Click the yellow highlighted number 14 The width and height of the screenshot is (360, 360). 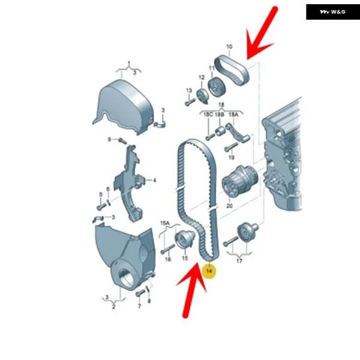(x=209, y=271)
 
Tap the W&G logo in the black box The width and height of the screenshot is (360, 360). (x=332, y=12)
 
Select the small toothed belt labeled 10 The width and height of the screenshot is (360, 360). (x=232, y=70)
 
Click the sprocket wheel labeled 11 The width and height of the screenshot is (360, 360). (x=217, y=87)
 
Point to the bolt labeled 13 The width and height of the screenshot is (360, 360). (x=190, y=102)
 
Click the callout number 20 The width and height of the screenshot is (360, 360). (x=230, y=206)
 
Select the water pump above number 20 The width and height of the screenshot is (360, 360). (x=239, y=181)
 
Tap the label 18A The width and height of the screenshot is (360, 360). (x=233, y=115)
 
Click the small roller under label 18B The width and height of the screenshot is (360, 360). (x=220, y=131)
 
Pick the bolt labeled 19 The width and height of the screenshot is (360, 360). (x=231, y=147)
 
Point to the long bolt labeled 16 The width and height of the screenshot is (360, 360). (x=168, y=249)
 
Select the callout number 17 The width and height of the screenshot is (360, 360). (x=239, y=261)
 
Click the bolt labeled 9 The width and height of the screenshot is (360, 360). (x=122, y=141)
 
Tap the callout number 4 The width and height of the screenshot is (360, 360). (x=155, y=181)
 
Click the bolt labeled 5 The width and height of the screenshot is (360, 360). (x=101, y=206)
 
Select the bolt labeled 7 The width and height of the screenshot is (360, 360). (x=140, y=293)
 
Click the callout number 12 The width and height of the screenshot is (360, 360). (x=202, y=77)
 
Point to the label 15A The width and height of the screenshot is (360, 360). (x=165, y=223)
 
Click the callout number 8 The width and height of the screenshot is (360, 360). (x=149, y=301)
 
